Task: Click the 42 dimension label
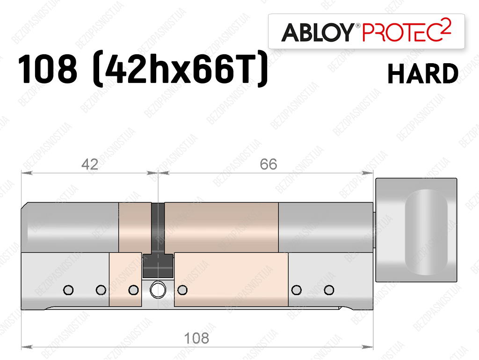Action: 89,165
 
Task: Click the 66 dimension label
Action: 269,164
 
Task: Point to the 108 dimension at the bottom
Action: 196,338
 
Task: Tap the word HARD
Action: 423,73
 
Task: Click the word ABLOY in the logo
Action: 318,32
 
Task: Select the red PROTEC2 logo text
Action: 406,30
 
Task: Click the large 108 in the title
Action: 48,69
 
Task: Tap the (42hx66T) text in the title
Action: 180,69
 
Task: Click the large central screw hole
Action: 158,289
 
